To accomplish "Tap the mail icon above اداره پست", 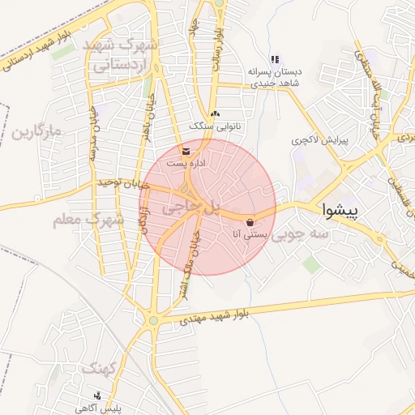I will click(x=187, y=152).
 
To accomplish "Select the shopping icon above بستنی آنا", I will click(x=250, y=222).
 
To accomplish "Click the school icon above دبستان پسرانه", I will click(x=275, y=60).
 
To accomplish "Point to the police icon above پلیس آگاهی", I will click(x=98, y=396).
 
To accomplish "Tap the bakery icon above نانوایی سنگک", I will click(x=214, y=115).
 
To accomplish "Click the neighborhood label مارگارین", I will click(x=36, y=131).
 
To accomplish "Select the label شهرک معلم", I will click(x=88, y=219).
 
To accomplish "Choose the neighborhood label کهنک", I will click(x=101, y=370).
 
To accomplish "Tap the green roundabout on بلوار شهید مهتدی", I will click(x=153, y=321).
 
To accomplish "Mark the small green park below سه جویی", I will click(x=310, y=264).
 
